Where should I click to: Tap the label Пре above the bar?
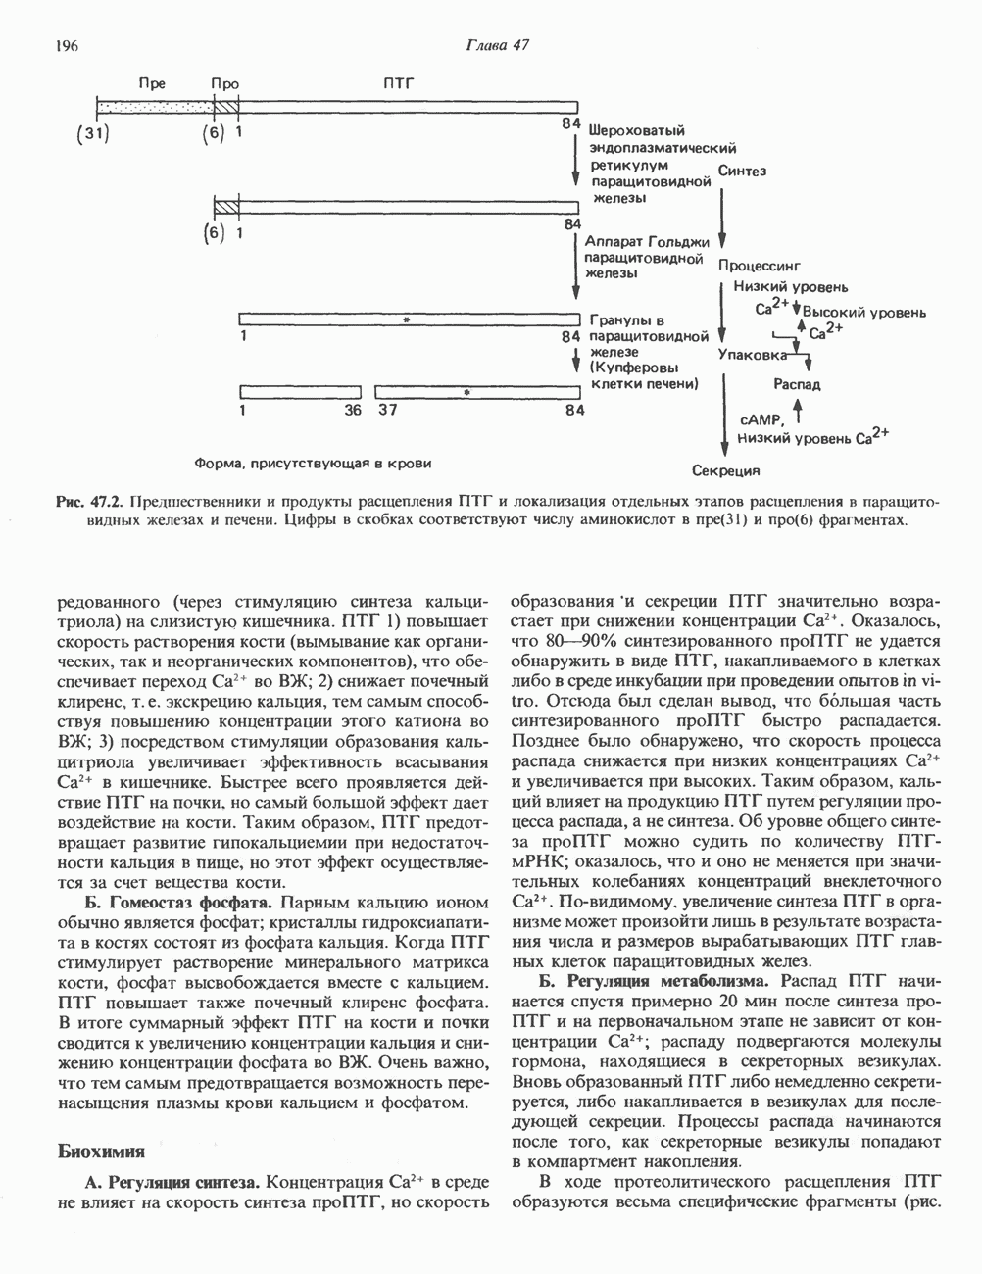[152, 84]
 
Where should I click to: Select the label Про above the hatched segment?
[225, 84]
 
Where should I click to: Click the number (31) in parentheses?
[93, 134]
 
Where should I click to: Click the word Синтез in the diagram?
[743, 171]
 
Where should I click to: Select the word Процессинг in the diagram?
[761, 265]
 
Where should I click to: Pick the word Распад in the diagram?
[798, 384]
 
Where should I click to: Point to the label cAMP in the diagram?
[761, 419]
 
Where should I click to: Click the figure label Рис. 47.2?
[88, 502]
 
